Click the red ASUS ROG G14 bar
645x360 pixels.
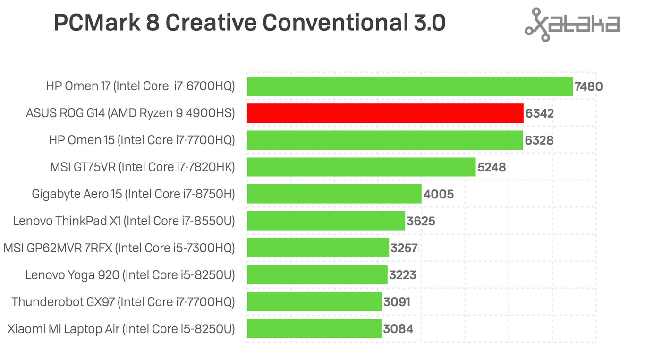click(x=385, y=113)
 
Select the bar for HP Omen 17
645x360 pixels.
click(x=409, y=86)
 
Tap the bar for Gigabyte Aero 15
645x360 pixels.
click(x=334, y=194)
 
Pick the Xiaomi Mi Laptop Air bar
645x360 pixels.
click(x=314, y=329)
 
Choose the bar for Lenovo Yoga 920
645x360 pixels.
click(x=317, y=275)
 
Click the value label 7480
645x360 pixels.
click(x=588, y=87)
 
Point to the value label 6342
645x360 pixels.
click(x=539, y=114)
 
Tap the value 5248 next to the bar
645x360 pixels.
click(x=492, y=167)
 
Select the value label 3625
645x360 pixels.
click(x=421, y=221)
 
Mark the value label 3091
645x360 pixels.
click(x=397, y=302)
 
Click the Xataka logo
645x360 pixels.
click(x=572, y=25)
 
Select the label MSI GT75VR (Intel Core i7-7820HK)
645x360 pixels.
click(x=142, y=167)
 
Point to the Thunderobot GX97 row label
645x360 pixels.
click(x=123, y=302)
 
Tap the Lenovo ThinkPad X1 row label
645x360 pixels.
click(x=124, y=221)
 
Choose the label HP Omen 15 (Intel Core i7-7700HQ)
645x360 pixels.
click(x=142, y=140)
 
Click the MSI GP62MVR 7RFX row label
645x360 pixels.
click(x=119, y=248)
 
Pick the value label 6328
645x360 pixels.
click(x=539, y=141)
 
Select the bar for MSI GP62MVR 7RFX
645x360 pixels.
click(x=318, y=248)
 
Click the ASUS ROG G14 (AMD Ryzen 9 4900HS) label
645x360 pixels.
click(x=130, y=113)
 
